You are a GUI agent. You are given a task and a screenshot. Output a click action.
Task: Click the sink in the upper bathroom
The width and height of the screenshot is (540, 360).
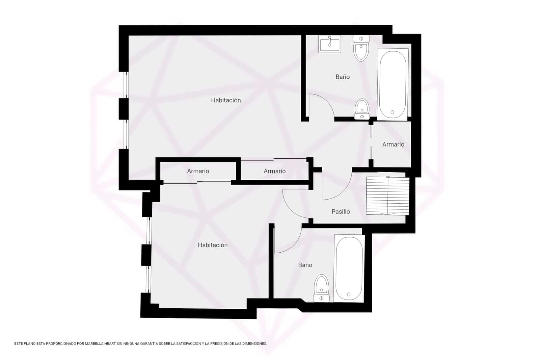(x=330, y=44)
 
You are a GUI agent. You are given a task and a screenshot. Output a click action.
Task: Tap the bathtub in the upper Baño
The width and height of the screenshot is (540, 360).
(x=393, y=84)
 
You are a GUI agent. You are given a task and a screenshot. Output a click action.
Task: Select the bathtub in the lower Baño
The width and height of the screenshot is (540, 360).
(x=349, y=268)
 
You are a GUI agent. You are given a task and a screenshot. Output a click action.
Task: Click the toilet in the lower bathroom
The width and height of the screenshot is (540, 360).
(x=321, y=288)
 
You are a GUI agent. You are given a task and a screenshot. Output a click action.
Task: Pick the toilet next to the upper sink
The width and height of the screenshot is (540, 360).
(x=361, y=48)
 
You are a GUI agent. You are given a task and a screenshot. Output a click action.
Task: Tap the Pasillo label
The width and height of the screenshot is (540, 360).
(x=341, y=212)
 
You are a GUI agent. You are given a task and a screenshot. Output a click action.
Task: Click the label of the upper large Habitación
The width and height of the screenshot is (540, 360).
(x=226, y=100)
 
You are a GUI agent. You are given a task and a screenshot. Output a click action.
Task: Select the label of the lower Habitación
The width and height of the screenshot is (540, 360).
(x=213, y=245)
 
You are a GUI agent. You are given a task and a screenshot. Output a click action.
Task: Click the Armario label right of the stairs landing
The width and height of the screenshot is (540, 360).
(x=393, y=145)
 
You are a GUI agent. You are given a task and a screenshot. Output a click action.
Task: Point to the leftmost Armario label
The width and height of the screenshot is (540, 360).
(x=198, y=171)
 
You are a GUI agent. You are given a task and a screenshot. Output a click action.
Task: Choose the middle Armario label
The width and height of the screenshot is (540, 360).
(x=274, y=171)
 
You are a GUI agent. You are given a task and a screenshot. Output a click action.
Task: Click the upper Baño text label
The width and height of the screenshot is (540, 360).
(x=343, y=77)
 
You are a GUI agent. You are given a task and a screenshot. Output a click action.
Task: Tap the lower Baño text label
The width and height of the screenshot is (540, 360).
(x=305, y=265)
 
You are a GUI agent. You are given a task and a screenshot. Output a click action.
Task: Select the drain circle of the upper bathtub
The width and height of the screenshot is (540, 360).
(x=392, y=112)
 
